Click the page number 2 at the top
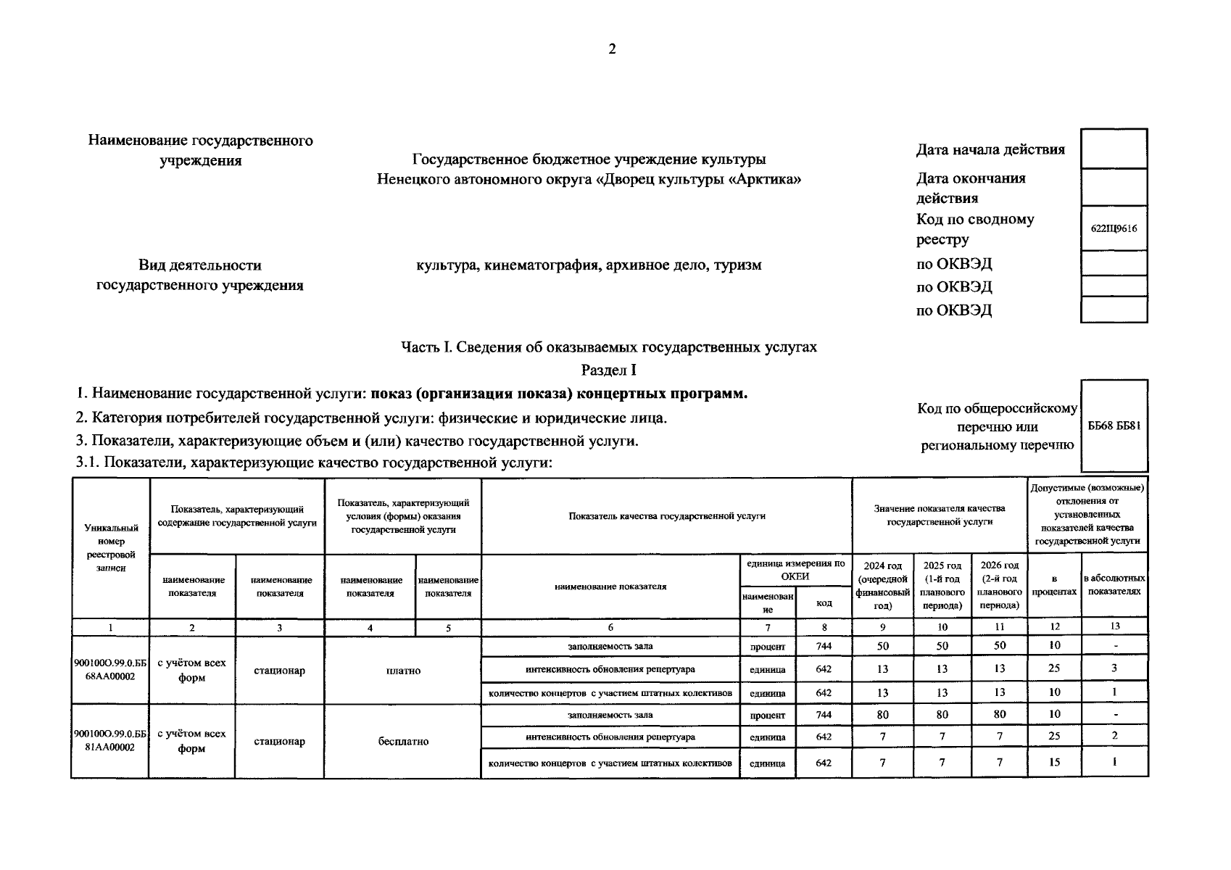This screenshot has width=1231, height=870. [612, 49]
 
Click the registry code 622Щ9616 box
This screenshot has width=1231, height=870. [1114, 228]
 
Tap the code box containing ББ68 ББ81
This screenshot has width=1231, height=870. [1114, 426]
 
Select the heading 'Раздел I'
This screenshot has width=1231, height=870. [609, 370]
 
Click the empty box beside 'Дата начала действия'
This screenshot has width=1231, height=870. [1114, 149]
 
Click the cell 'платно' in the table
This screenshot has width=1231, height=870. [403, 671]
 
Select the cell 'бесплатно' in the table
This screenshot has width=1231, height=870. [403, 742]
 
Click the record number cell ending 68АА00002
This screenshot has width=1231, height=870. [110, 670]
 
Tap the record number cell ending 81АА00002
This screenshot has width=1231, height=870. [110, 741]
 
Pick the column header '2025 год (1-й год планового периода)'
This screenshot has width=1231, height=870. [942, 585]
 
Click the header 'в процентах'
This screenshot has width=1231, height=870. [1054, 585]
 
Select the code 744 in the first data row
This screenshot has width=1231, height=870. [824, 646]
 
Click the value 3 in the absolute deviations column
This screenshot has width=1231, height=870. [1114, 668]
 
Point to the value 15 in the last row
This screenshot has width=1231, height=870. [1054, 762]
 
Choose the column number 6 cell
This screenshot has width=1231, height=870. [610, 627]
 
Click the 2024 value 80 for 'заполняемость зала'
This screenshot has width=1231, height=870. [882, 714]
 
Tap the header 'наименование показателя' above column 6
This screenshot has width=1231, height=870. [610, 586]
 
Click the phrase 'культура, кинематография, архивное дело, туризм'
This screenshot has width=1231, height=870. [589, 265]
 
